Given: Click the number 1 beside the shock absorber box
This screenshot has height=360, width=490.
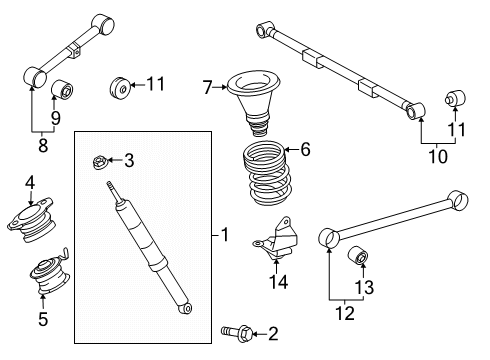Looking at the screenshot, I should [225, 235].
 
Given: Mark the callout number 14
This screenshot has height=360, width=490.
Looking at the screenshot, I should [277, 282].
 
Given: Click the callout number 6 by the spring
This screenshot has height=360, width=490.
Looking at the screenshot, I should [305, 150].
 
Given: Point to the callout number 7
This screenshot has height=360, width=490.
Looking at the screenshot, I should [207, 89].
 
